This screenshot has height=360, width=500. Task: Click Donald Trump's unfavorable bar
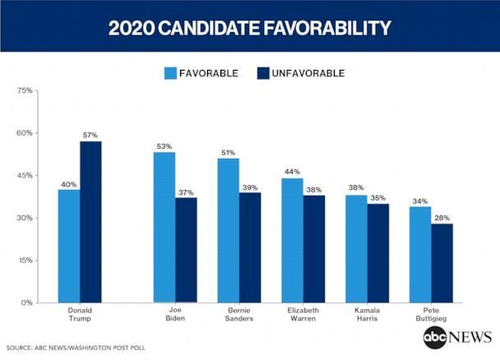(x=90, y=222)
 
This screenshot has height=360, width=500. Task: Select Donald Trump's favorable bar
(x=69, y=246)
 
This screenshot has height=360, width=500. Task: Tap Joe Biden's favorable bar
(x=164, y=227)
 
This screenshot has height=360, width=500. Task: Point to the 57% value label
(x=90, y=135)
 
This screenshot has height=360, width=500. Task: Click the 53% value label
(x=164, y=146)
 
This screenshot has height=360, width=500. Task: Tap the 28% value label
(x=442, y=217)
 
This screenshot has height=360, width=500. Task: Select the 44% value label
(x=292, y=172)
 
